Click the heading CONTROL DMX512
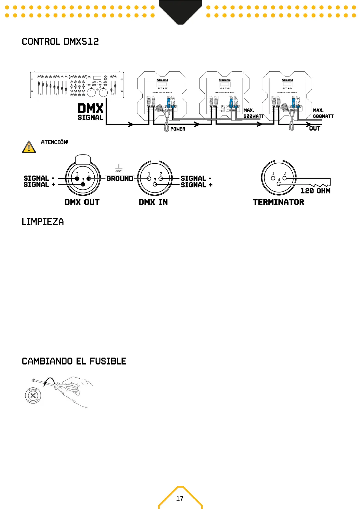click(x=60, y=42)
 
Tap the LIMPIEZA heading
click(x=43, y=222)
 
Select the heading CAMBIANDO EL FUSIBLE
click(x=74, y=361)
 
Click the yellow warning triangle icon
click(x=29, y=147)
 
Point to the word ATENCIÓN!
click(x=55, y=142)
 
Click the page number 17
click(x=180, y=498)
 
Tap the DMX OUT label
click(x=82, y=202)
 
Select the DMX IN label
click(x=153, y=202)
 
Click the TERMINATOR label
click(x=278, y=202)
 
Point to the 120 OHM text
click(x=315, y=191)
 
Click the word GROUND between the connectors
click(x=120, y=179)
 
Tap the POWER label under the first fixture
click(x=178, y=129)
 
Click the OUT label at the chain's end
click(x=315, y=128)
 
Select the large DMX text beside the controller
click(x=90, y=109)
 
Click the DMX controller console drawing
click(x=77, y=85)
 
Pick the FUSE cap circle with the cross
click(x=33, y=395)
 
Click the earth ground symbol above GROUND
click(x=119, y=168)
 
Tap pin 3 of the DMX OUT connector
click(x=83, y=184)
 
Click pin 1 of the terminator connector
click(x=273, y=178)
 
